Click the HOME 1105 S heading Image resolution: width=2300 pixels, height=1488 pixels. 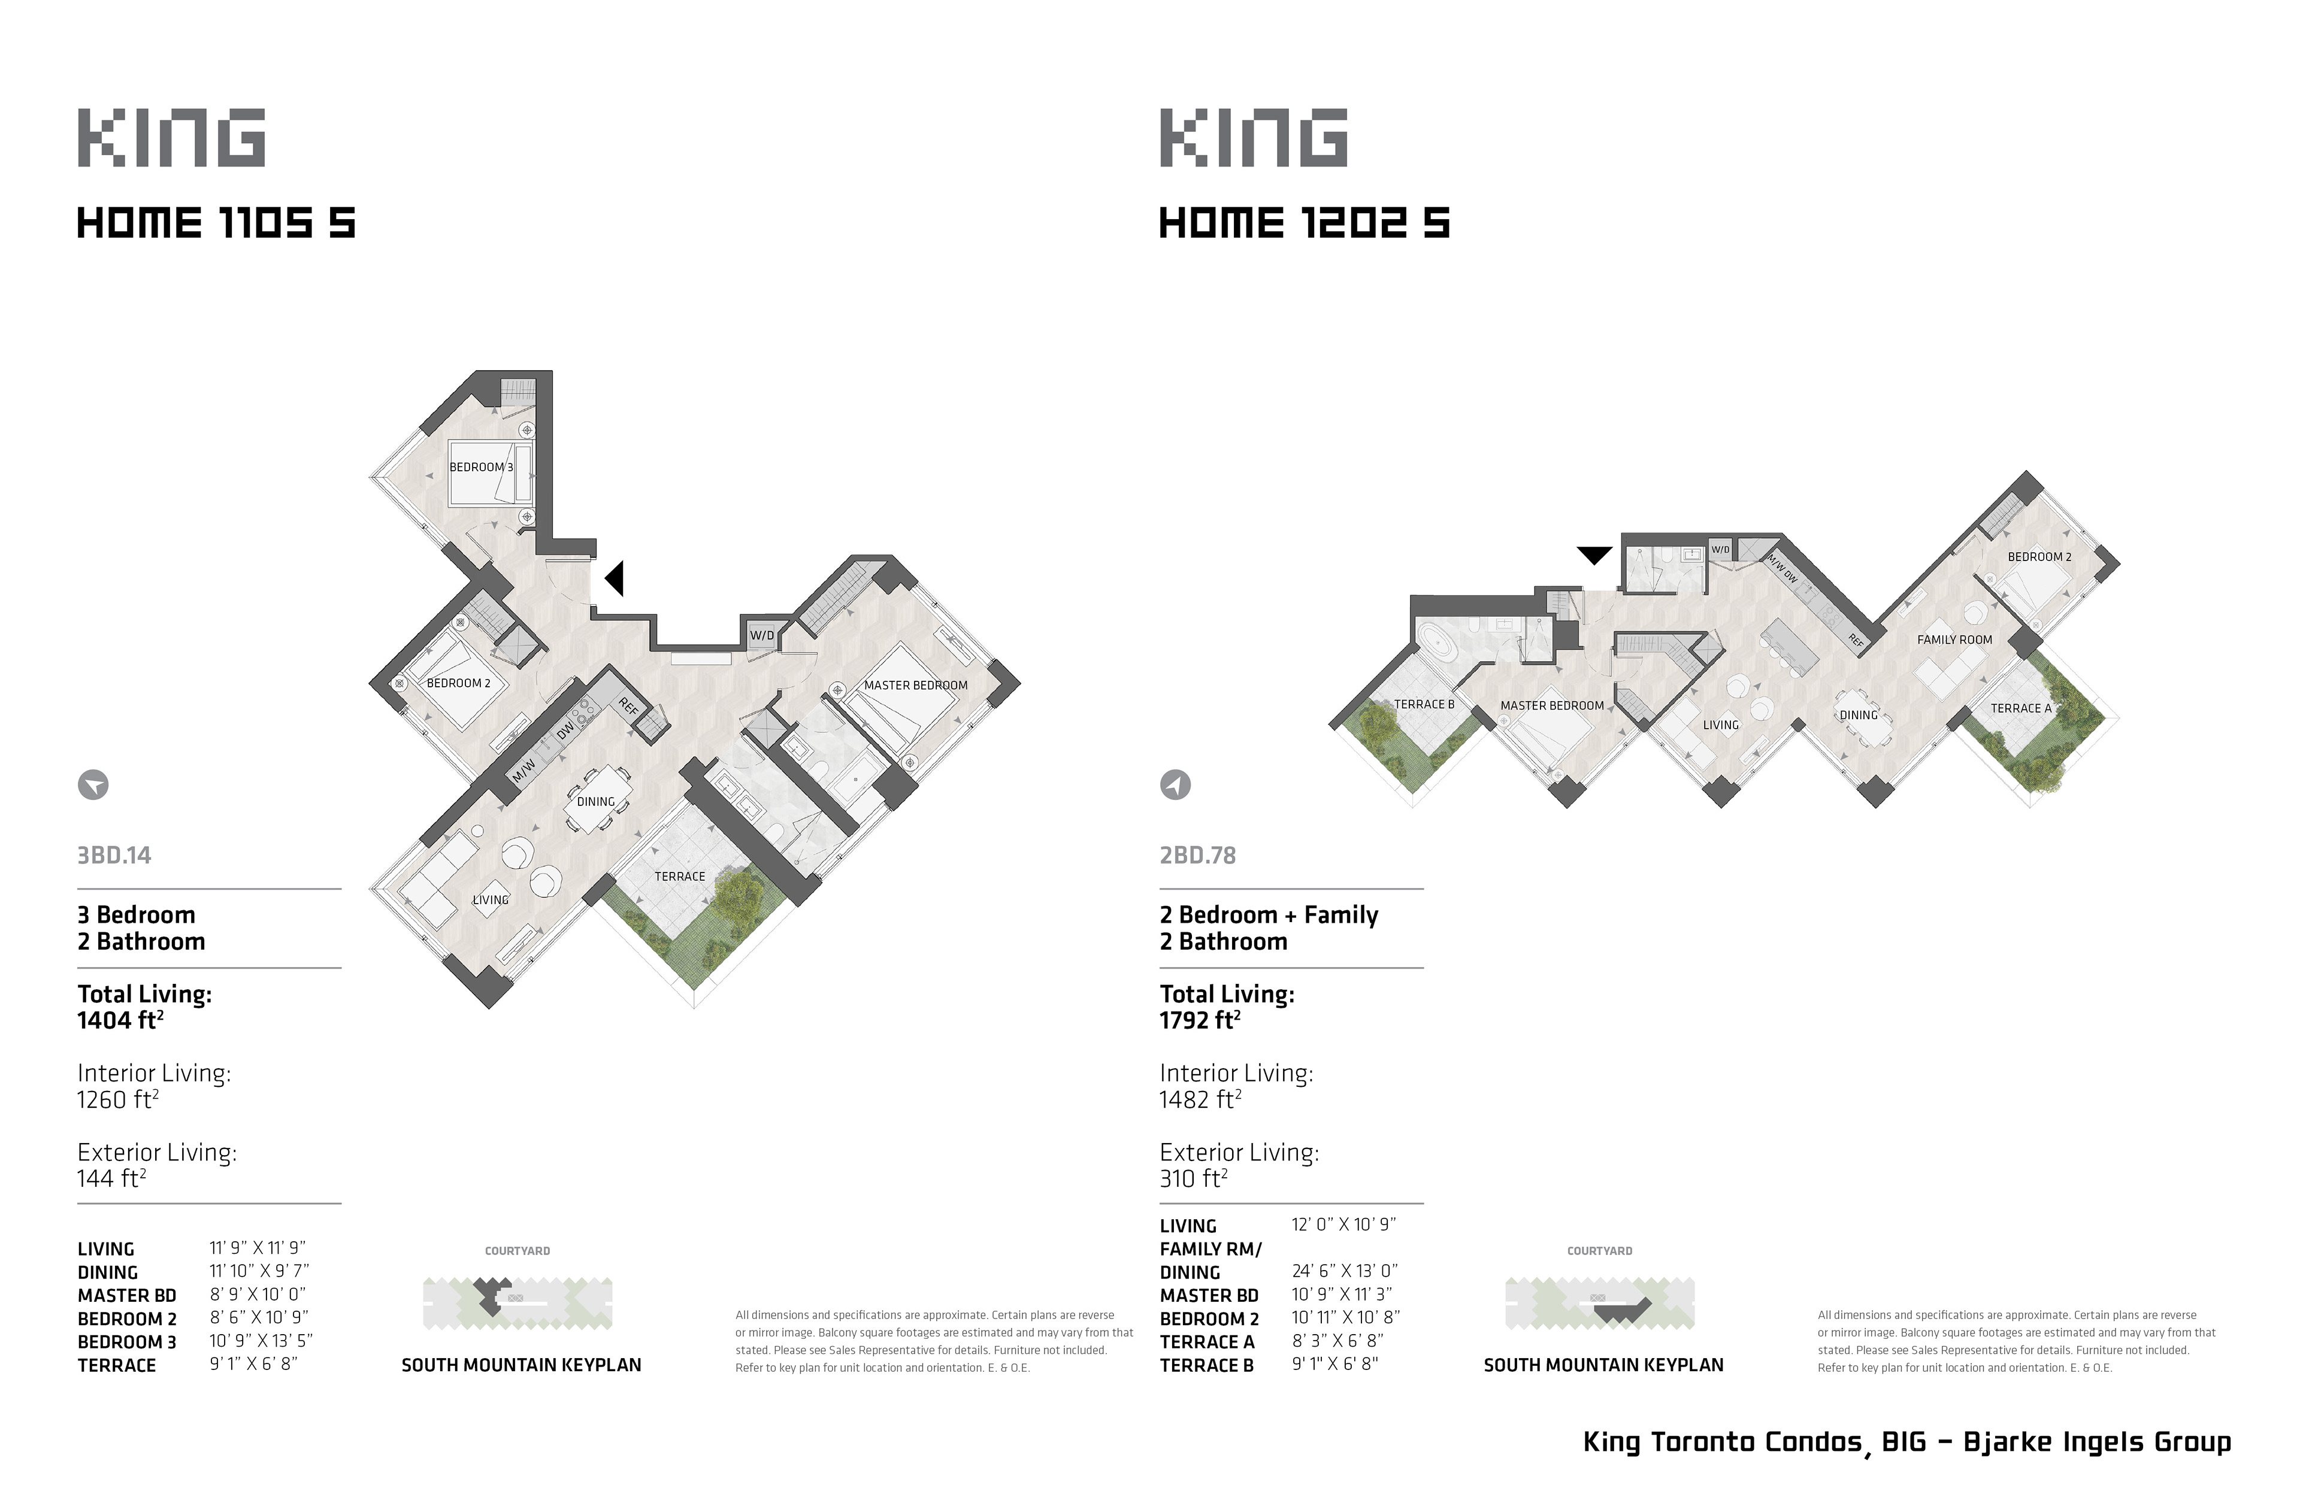click(216, 223)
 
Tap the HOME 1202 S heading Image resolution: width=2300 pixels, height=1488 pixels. click(1305, 223)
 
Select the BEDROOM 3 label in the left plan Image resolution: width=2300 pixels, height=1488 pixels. click(481, 466)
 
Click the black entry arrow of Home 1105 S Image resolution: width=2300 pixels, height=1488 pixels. click(614, 579)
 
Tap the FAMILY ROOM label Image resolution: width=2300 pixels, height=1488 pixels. click(1954, 640)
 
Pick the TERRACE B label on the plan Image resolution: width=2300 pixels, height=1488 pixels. click(1424, 704)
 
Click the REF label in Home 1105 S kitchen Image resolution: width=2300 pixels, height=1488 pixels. click(628, 707)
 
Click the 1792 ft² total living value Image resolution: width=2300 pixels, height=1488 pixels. click(1200, 1020)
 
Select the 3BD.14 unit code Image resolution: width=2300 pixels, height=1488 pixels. click(114, 855)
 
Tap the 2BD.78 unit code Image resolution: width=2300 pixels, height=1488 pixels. click(1197, 855)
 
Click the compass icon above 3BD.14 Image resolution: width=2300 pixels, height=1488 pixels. click(93, 784)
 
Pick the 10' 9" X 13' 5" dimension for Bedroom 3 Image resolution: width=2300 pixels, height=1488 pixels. click(261, 1341)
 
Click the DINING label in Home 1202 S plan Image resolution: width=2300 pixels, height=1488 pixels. click(1859, 715)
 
